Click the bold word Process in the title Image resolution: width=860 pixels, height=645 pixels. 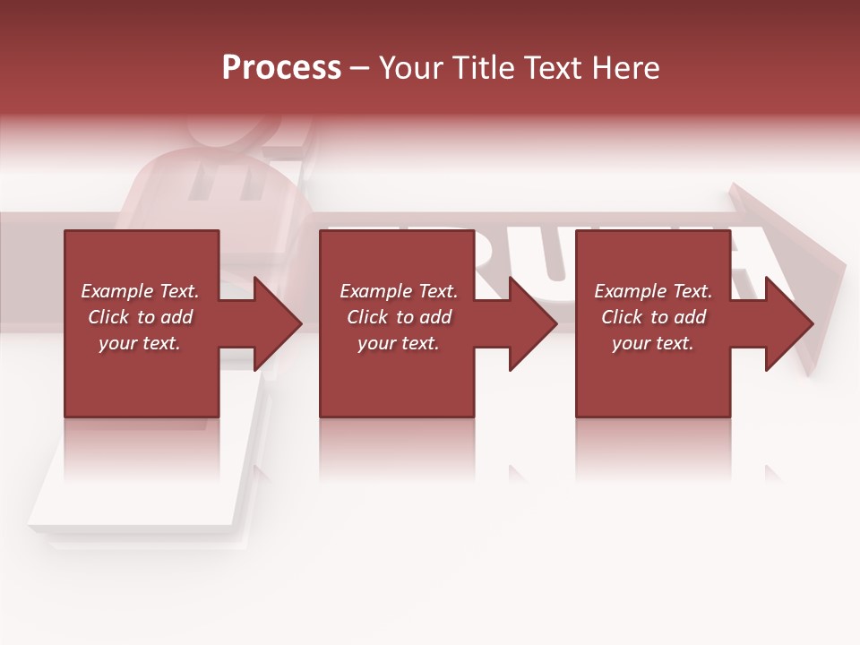point(281,68)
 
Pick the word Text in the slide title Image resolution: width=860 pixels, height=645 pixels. point(555,68)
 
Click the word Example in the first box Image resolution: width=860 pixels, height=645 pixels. point(117,291)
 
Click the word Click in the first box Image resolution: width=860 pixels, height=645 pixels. point(108,317)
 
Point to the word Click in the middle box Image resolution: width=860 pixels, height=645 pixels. point(367,317)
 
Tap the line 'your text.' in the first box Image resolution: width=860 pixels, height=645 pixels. point(140,343)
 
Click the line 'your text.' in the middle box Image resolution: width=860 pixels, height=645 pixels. point(399,343)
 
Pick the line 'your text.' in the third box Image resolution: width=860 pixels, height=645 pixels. point(653,343)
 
